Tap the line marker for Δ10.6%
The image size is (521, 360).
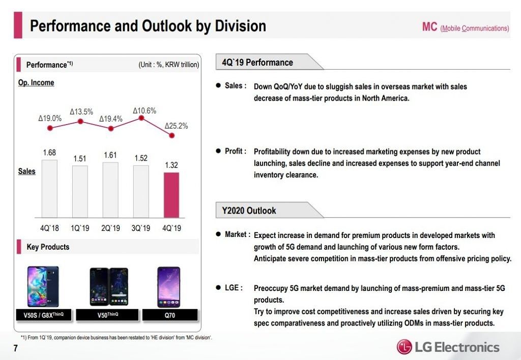[141, 118]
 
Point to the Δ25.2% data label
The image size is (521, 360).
[176, 126]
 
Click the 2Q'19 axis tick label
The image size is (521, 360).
[110, 228]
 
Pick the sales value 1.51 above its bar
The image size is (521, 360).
[80, 159]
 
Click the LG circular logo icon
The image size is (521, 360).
[404, 347]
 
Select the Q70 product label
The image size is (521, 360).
[170, 315]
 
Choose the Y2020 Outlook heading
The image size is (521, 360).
[249, 211]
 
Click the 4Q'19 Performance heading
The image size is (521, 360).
[257, 63]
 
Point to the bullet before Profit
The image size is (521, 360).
[218, 152]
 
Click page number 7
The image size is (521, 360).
[16, 348]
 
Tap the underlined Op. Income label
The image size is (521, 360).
[36, 83]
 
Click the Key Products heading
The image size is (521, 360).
[48, 247]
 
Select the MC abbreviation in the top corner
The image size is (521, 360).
[429, 27]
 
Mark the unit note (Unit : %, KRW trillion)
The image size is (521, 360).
[168, 65]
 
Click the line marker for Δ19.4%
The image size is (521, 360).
[111, 129]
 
